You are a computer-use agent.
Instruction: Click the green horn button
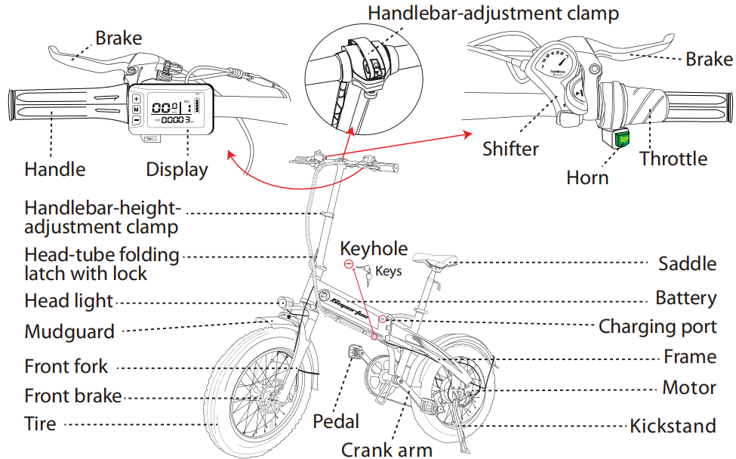click(623, 139)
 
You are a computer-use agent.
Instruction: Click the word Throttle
click(673, 159)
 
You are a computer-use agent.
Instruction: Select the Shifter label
click(511, 149)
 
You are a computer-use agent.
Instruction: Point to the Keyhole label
click(374, 249)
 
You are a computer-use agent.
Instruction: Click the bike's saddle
click(436, 263)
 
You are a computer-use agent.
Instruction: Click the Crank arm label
click(386, 450)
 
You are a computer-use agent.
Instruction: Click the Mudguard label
click(69, 331)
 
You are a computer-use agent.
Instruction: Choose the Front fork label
click(66, 367)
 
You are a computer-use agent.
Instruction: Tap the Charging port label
click(657, 326)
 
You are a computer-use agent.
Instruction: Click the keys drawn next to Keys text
click(364, 271)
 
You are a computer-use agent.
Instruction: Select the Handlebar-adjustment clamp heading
click(494, 13)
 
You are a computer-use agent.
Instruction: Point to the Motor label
click(689, 388)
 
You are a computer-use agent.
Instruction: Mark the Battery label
click(685, 297)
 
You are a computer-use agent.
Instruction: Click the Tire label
click(41, 424)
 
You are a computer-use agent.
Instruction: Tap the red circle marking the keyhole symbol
click(349, 264)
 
